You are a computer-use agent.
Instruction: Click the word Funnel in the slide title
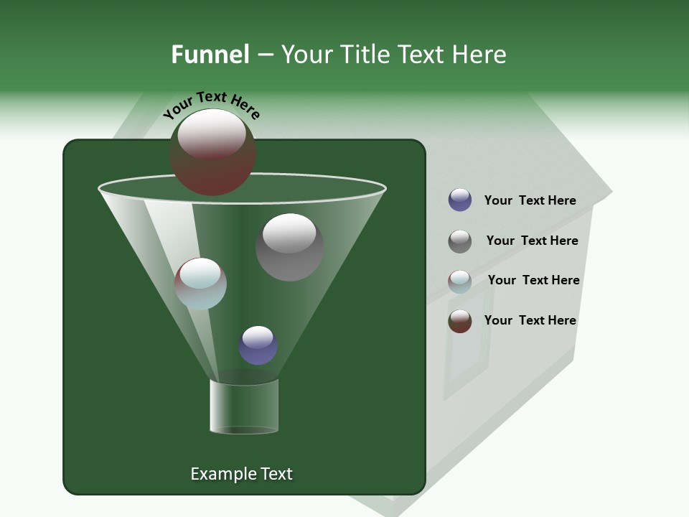coord(210,55)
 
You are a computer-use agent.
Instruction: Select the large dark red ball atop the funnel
coord(212,152)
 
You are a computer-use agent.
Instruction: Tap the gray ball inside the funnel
coord(289,247)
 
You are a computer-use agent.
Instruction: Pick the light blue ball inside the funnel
coord(200,284)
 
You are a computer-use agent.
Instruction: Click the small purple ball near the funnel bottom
coord(258,345)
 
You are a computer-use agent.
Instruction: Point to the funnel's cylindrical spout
coord(244,406)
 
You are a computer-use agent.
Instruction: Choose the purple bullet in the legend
coord(460,200)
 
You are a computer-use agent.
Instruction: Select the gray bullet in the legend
coord(460,241)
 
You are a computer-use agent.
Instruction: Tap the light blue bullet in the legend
coord(460,281)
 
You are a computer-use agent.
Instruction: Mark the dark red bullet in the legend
coord(460,321)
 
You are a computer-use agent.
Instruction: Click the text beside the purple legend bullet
coord(530,200)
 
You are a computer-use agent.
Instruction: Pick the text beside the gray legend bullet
coord(532,241)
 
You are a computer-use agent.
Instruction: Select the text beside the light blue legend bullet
coord(533,280)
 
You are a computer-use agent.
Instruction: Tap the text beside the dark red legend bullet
coord(530,320)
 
